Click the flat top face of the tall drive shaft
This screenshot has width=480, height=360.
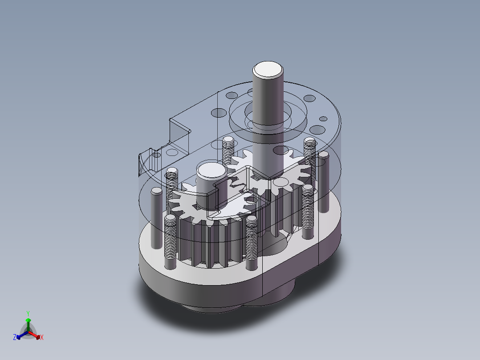pyautogui.click(x=268, y=69)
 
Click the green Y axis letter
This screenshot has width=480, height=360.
pyautogui.click(x=28, y=313)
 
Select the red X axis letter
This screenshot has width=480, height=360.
pyautogui.click(x=41, y=338)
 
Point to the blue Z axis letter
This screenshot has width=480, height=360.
pyautogui.click(x=15, y=338)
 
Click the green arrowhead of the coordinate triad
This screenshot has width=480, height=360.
pyautogui.click(x=28, y=320)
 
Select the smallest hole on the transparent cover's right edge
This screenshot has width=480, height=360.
pyautogui.click(x=324, y=119)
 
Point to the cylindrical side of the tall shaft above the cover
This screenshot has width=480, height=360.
pyautogui.click(x=268, y=98)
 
